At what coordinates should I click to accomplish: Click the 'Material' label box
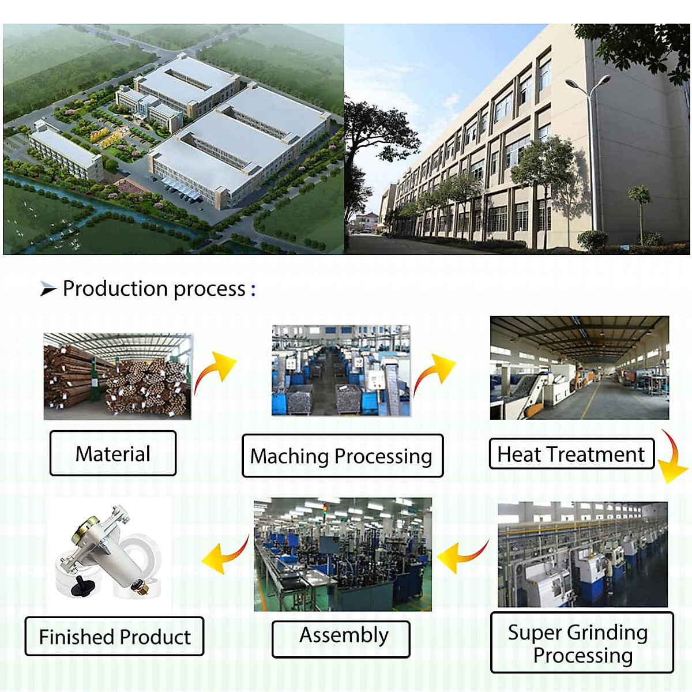(x=113, y=453)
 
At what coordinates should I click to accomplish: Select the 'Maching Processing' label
(x=342, y=456)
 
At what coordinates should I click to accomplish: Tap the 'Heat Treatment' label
(x=571, y=454)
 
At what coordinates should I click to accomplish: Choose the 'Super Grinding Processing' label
(x=581, y=642)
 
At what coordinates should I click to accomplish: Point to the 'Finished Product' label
(x=114, y=636)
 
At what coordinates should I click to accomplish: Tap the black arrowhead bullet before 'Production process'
(x=48, y=288)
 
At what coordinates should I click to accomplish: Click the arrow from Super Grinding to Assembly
(x=461, y=557)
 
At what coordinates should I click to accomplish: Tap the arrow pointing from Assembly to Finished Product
(x=225, y=557)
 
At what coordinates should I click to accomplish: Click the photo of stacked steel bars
(x=118, y=376)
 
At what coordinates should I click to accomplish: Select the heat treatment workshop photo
(x=579, y=367)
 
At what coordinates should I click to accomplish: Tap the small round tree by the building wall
(x=640, y=196)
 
